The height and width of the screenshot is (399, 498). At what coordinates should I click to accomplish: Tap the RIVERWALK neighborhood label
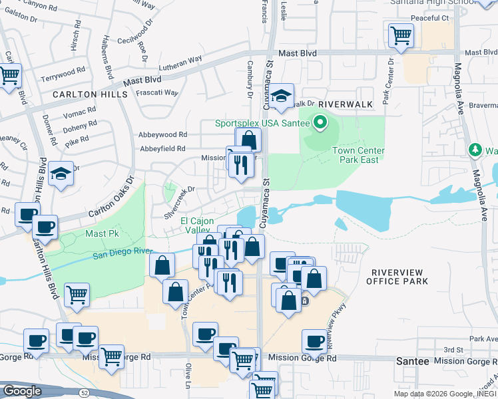[x=344, y=105]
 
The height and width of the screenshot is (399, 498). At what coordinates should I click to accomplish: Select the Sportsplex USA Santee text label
[x=262, y=123]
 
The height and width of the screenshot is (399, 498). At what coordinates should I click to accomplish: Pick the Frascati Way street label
[x=157, y=93]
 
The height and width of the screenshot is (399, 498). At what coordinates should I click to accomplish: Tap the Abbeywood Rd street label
[x=163, y=134]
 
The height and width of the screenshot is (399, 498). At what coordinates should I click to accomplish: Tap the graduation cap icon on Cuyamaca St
[x=282, y=96]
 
